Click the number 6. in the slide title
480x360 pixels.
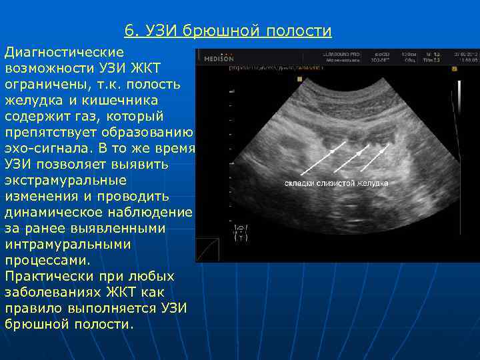click(x=131, y=31)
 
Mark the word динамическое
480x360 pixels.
click(x=63, y=213)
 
